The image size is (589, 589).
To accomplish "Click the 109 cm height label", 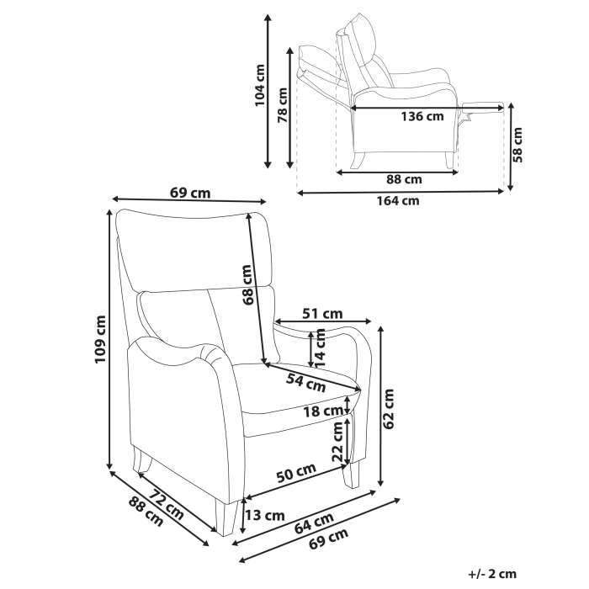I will click(100, 339).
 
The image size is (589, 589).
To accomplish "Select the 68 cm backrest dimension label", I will click(247, 284).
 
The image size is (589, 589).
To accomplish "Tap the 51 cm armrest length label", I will click(322, 314).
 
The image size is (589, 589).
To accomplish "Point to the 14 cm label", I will click(320, 348).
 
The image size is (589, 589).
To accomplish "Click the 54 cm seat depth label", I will click(305, 383).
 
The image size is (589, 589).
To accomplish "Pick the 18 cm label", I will click(323, 411).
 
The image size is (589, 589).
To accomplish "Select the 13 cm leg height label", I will click(264, 515).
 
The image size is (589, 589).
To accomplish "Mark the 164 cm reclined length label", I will click(398, 200).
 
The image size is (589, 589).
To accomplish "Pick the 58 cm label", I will click(518, 143).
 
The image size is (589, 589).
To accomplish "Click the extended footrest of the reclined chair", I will click(483, 105).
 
